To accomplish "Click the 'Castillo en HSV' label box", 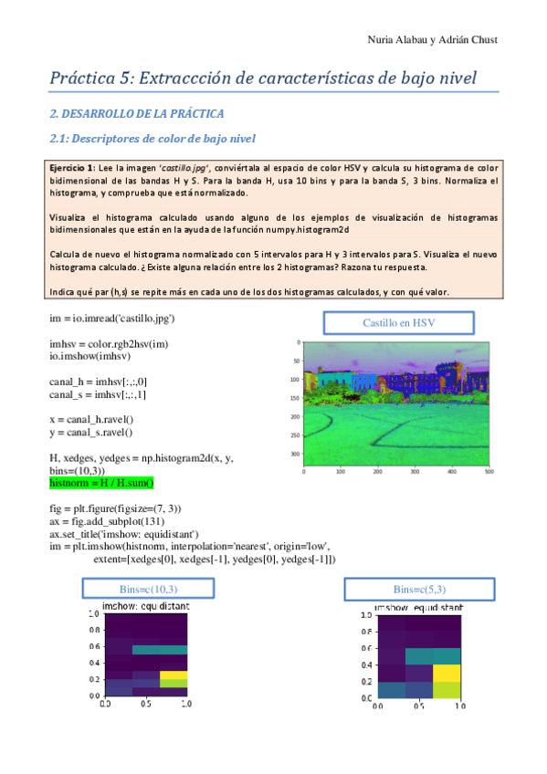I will click(x=399, y=323).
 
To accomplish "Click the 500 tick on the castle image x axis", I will click(x=489, y=472).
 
